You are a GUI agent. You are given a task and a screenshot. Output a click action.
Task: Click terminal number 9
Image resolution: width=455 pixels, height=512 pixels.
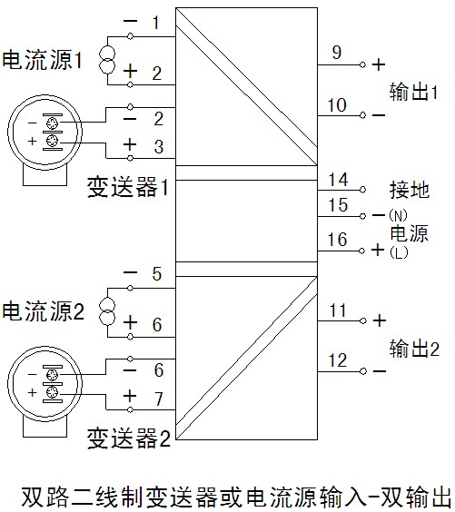[337, 53]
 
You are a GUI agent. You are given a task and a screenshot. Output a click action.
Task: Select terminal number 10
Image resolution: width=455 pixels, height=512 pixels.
[337, 105]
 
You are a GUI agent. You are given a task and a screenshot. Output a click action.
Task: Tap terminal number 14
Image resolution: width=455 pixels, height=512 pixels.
[338, 180]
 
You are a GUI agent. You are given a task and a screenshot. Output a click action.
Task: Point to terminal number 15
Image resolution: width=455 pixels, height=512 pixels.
[338, 205]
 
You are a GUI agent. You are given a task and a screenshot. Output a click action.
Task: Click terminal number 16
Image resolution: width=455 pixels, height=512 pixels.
[338, 240]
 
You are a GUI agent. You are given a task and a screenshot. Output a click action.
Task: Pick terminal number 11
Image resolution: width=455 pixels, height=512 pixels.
[338, 310]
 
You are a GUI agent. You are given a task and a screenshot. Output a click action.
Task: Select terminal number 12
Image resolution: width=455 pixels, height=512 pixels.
[338, 360]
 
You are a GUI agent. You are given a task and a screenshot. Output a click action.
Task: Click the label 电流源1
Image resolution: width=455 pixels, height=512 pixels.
[42, 60]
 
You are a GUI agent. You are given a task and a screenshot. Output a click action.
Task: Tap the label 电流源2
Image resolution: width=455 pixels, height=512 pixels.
[43, 310]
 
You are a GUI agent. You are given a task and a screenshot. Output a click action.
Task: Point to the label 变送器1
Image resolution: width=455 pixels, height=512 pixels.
[128, 187]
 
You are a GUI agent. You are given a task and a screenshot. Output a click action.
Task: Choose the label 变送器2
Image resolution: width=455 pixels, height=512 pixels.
[129, 438]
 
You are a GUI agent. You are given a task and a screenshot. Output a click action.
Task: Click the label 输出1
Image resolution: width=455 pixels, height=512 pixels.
[413, 92]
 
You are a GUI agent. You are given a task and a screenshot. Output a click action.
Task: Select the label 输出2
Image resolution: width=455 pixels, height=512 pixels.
[414, 348]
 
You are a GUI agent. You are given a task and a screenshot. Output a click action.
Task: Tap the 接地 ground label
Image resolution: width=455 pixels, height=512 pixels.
[410, 190]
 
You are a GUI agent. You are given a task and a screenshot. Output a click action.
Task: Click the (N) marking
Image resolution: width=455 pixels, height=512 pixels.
[398, 215]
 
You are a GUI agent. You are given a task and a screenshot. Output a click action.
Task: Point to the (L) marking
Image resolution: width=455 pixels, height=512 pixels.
[399, 252]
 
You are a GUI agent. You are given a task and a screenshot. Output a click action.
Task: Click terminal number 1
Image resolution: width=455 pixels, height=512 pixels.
[156, 23]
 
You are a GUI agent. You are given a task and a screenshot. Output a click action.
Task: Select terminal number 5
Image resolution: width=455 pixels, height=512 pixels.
[157, 273]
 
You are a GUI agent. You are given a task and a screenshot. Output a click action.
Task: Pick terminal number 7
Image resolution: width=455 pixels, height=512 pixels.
[158, 399]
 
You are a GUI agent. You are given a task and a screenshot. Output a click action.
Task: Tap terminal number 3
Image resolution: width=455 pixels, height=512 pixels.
[159, 147]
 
